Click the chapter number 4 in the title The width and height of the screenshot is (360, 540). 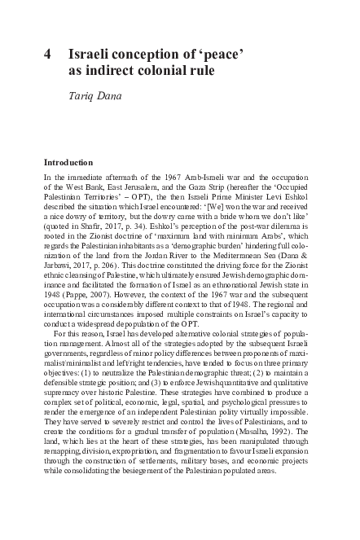pos(47,55)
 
